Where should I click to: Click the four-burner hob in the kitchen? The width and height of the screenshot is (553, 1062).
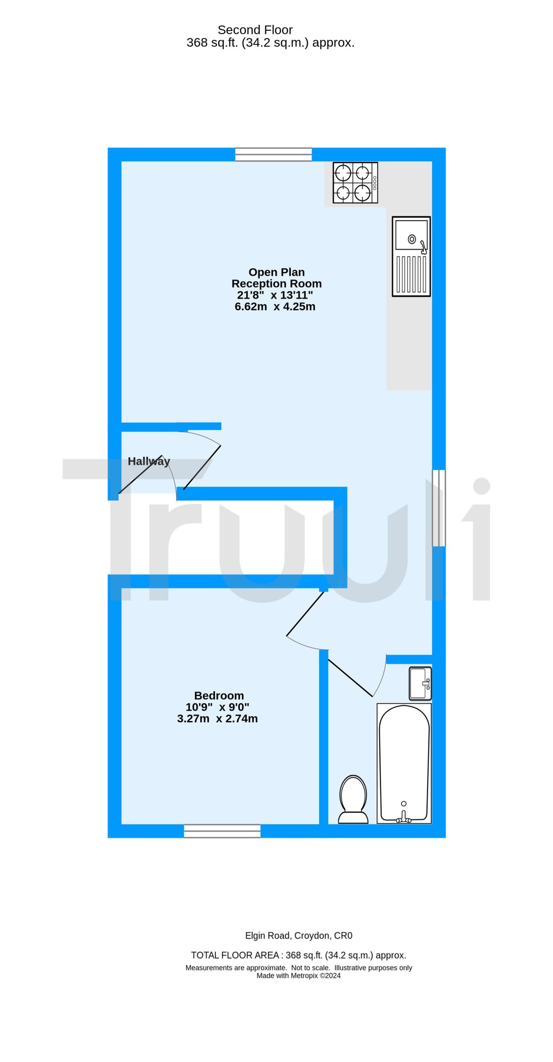tap(355, 183)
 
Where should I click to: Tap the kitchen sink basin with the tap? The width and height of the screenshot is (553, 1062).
tap(411, 236)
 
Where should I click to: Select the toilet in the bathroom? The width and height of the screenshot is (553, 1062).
tap(353, 799)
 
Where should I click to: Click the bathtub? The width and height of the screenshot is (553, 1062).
tap(404, 763)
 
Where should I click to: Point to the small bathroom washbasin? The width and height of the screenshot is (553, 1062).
tap(420, 683)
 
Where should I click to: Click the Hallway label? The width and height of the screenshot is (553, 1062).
tap(149, 461)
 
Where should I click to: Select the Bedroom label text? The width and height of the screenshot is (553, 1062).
tap(219, 696)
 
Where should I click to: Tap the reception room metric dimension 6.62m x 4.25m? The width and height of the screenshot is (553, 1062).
tap(275, 307)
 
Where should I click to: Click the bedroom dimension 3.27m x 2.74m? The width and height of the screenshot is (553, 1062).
tap(217, 719)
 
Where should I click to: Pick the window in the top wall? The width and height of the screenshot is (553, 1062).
tap(273, 154)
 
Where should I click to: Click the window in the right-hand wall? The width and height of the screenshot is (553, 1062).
tap(439, 508)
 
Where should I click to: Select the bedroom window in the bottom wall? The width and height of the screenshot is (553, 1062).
tap(222, 831)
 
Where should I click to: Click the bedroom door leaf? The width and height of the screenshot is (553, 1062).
tap(305, 614)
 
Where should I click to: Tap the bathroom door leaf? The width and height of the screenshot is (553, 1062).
tap(350, 678)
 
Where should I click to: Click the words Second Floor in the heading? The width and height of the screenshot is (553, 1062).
tap(255, 30)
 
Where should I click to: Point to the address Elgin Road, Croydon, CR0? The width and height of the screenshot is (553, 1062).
tap(299, 935)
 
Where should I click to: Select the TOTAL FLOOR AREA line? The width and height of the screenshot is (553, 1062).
tap(299, 955)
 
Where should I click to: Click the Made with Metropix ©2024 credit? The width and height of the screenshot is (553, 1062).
tap(299, 975)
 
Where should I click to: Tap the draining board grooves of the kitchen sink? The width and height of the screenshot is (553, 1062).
tap(411, 274)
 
